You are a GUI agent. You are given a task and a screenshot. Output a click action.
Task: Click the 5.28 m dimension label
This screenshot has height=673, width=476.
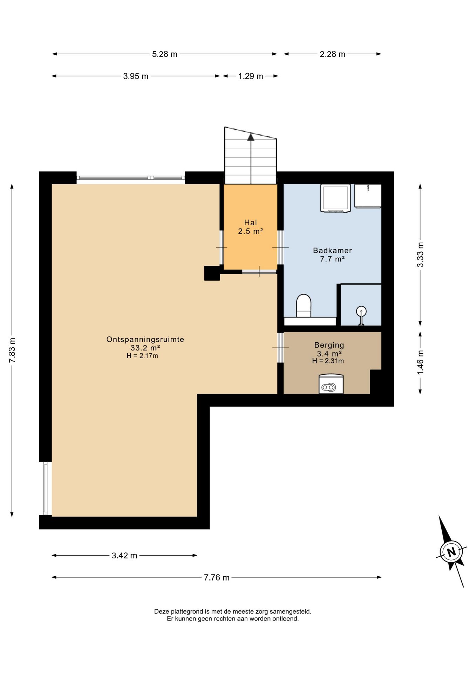164,54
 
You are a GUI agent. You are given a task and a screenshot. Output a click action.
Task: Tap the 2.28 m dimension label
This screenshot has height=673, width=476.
332,54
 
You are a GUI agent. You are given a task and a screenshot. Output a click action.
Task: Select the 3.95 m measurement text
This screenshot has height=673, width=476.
136,76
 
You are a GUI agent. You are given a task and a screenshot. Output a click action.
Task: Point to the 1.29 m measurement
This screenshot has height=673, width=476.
251,76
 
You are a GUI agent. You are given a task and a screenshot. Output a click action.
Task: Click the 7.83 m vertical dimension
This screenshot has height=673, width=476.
12,350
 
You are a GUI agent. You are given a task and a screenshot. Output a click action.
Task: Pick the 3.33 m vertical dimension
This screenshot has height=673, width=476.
420,254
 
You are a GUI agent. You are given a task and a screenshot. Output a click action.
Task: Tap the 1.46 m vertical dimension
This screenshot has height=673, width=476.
420,362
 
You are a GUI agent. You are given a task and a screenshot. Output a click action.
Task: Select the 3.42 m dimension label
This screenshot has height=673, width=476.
124,555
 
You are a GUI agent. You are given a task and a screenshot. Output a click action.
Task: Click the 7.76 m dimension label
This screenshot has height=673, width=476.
217,577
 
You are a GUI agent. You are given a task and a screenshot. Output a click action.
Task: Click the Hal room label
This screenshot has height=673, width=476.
251,223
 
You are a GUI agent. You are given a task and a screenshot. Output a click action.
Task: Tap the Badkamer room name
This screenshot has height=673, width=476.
332,251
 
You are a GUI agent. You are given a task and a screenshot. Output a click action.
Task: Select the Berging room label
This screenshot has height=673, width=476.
329,345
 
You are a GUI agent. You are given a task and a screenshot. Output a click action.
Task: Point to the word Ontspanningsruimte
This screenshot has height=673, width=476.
145,339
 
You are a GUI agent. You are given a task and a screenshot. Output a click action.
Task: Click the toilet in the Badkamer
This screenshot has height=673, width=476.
304,306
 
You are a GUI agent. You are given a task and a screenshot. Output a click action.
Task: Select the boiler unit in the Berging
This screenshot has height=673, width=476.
331,384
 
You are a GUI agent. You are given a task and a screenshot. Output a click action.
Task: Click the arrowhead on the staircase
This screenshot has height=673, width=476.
251,137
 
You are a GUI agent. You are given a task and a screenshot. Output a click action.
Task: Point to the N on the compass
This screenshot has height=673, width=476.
451,552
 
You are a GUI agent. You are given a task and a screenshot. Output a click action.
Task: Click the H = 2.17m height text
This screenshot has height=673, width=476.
142,356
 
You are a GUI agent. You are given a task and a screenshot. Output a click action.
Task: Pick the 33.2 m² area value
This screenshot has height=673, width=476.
145,348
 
